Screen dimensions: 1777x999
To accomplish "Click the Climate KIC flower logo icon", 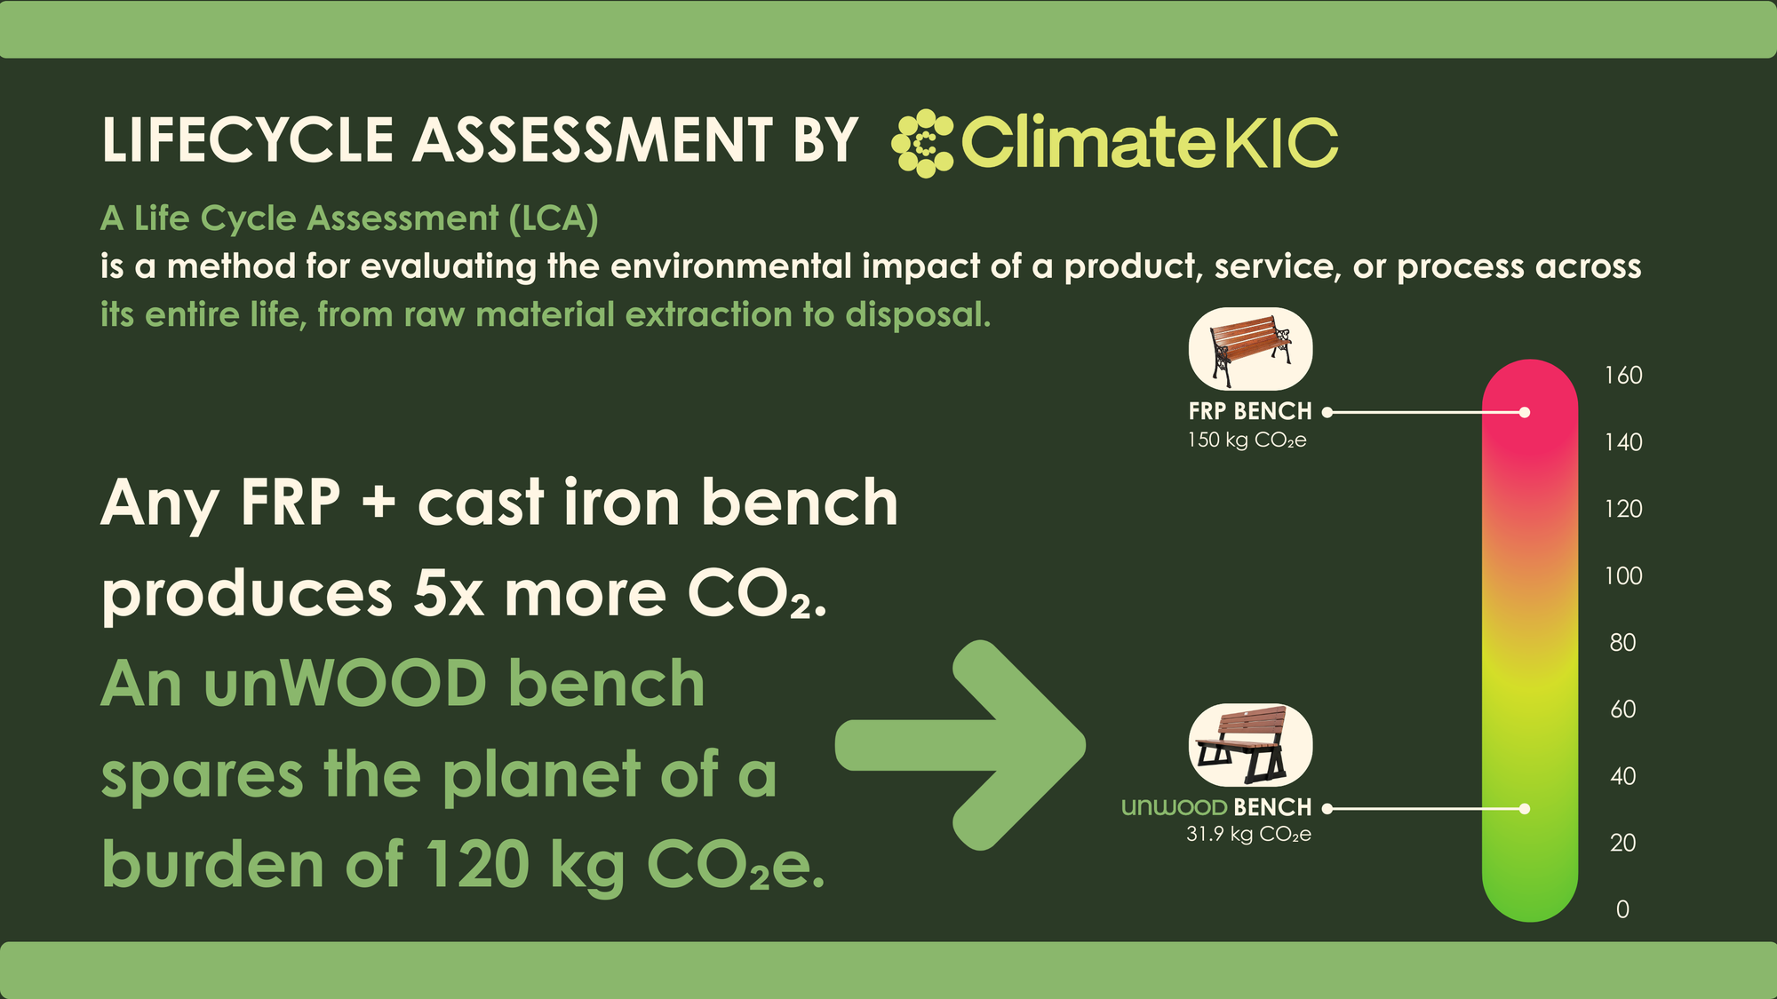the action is (x=922, y=143).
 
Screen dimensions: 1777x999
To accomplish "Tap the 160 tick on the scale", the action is (x=1623, y=376).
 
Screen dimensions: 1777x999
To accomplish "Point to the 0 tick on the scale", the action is (x=1622, y=909).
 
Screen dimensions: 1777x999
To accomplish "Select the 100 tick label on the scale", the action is (x=1623, y=576).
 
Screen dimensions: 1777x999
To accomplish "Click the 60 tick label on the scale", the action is (x=1623, y=710).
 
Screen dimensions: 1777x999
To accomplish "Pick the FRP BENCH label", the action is (x=1250, y=411).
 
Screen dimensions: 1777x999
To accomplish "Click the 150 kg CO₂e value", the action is (x=1247, y=440).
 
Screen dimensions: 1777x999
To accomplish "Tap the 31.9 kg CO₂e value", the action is (x=1248, y=835).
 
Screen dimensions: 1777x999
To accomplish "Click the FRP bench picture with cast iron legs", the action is (x=1250, y=349).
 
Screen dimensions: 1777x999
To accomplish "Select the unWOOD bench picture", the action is (x=1250, y=745).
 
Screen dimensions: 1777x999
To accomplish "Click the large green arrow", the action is (x=960, y=745).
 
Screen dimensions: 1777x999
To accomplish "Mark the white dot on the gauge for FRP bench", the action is (x=1525, y=412).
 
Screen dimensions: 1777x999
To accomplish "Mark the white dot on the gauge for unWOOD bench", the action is (x=1525, y=809).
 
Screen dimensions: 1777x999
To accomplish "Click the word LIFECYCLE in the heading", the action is (x=248, y=140).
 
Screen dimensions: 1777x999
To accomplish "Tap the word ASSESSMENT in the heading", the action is (x=593, y=140).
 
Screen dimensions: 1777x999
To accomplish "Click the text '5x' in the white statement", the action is (x=449, y=594).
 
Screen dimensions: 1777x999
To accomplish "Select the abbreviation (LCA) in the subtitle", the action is (x=554, y=218).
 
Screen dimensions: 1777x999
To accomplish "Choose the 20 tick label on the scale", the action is (x=1623, y=843).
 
